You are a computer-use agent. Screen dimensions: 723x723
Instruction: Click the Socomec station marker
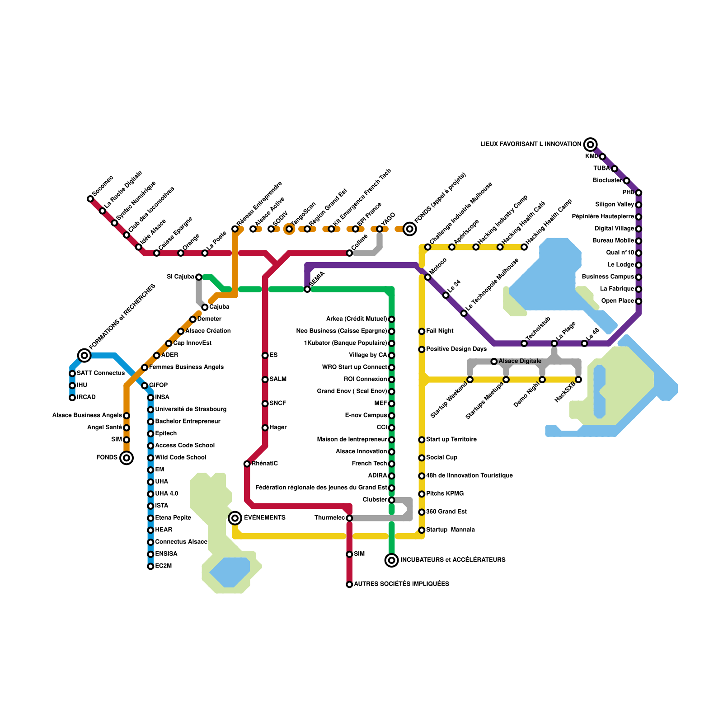pos(90,199)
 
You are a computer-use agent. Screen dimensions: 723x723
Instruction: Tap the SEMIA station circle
pos(307,289)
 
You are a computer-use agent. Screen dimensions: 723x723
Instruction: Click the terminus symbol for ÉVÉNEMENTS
pos(235,518)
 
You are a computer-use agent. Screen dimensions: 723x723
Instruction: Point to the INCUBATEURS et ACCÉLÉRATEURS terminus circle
pos(392,560)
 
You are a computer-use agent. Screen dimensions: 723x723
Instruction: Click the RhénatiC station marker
pos(247,464)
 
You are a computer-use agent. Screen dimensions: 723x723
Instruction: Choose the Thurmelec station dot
pos(349,518)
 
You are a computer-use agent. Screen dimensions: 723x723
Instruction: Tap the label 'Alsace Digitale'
pos(520,361)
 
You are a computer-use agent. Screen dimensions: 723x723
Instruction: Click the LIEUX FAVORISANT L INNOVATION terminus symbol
pos(590,145)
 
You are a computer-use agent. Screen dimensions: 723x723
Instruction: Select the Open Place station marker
pos(638,301)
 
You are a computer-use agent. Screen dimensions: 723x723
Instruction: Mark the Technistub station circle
pos(524,343)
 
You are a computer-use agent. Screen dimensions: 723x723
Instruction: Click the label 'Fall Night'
pos(440,331)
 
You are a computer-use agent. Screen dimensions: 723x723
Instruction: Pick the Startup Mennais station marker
pos(422,530)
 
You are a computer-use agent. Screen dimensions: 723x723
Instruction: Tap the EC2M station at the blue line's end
pos(150,566)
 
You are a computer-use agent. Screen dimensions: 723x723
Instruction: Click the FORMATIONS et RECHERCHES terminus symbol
pos(84,355)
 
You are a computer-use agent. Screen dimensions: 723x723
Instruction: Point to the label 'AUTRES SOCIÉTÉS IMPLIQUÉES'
pos(401,584)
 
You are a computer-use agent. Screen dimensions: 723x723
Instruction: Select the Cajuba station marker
pos(205,307)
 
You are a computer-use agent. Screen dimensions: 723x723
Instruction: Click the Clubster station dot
pos(392,500)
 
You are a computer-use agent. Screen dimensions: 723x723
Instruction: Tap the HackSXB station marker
pos(578,380)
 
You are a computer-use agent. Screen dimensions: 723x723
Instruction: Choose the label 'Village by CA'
pos(368,355)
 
